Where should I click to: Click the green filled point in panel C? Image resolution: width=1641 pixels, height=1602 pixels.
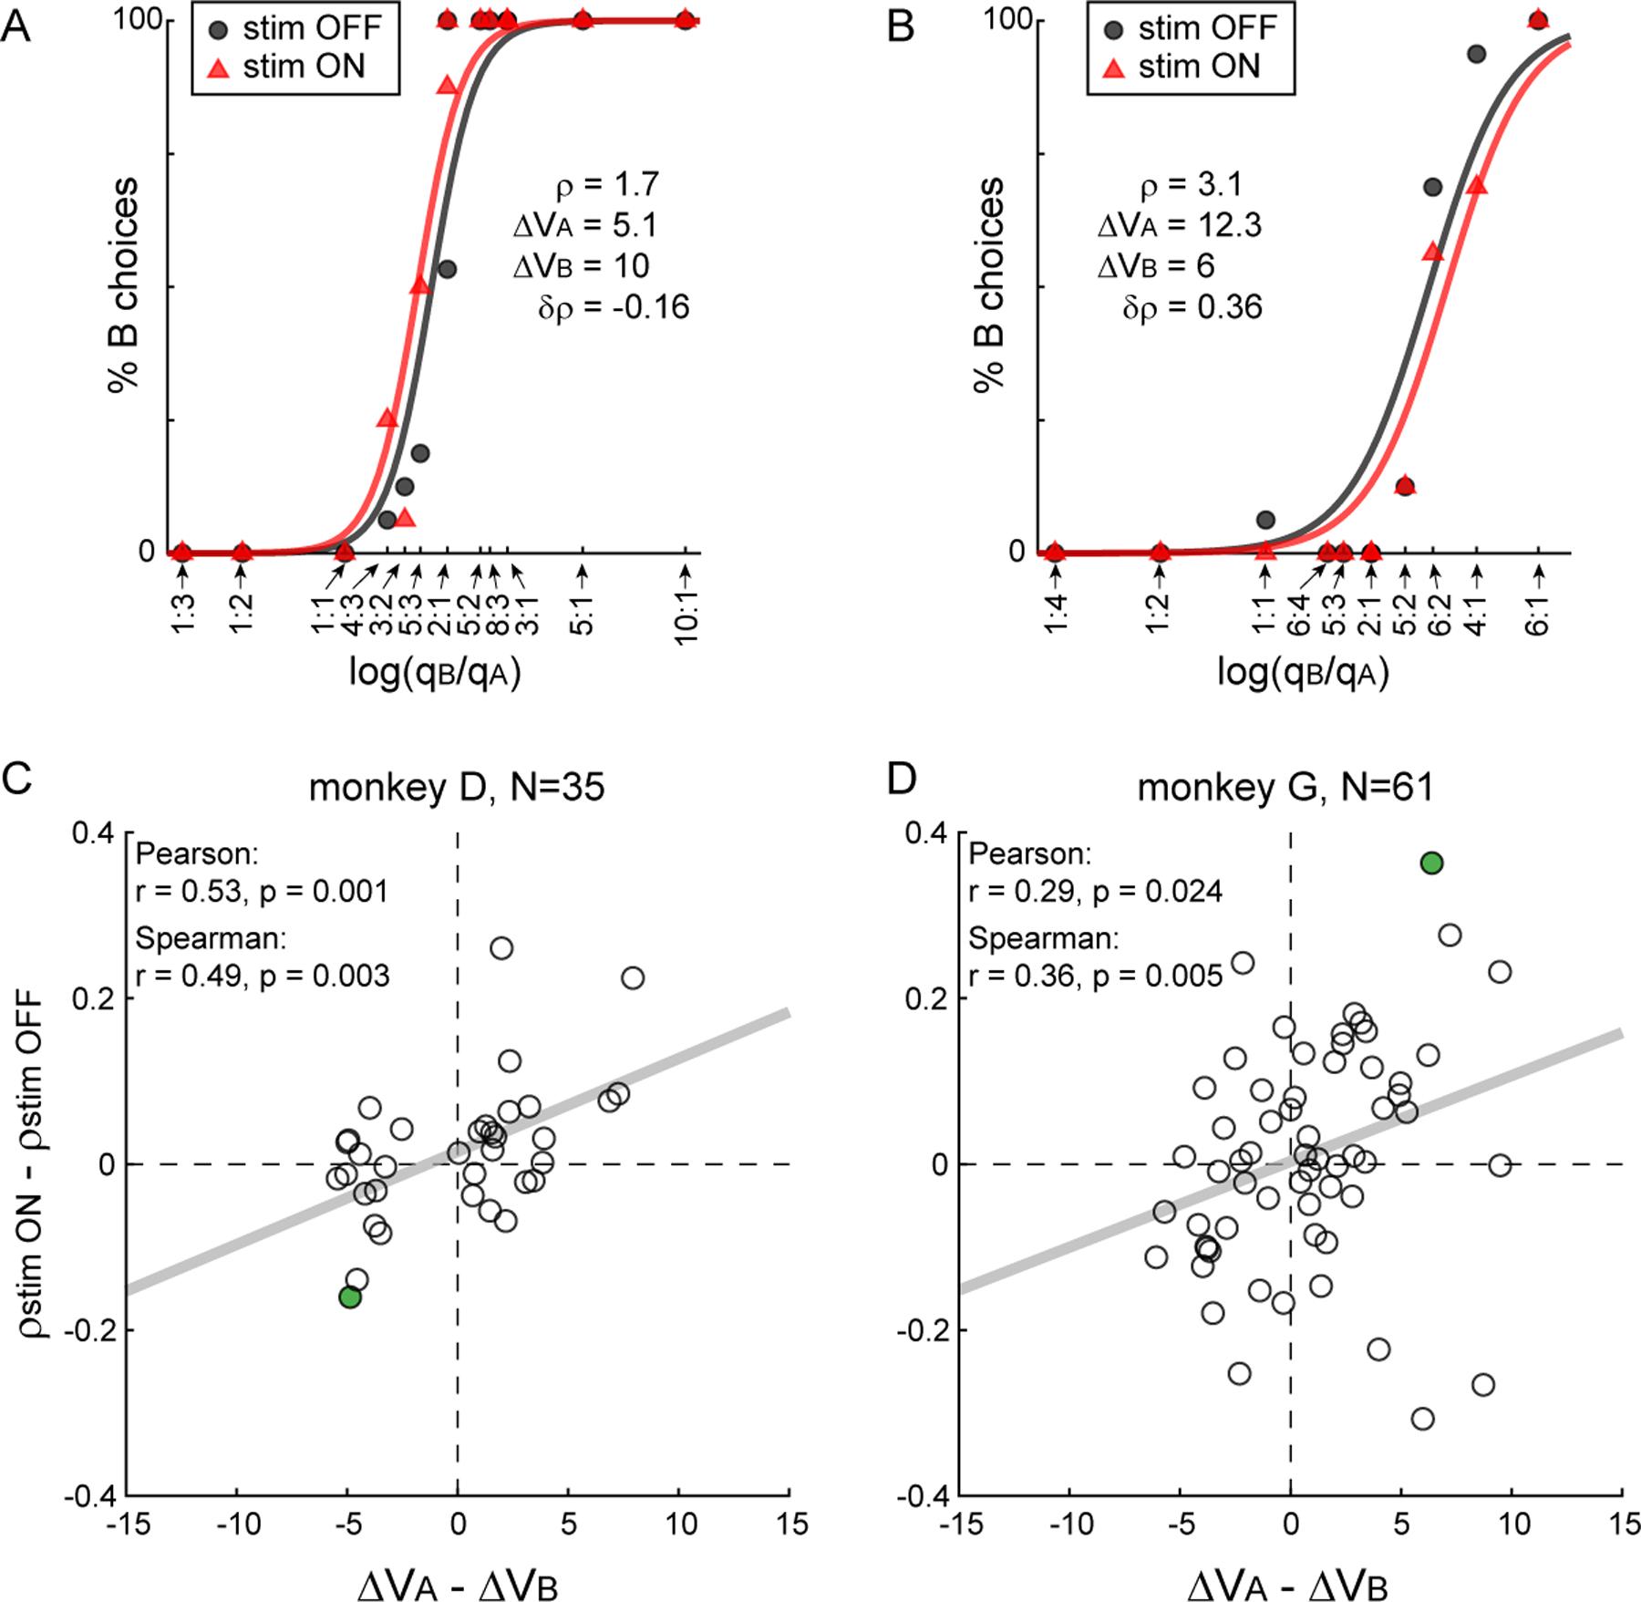click(x=350, y=1297)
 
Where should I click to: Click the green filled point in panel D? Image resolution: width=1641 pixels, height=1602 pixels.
click(x=1431, y=863)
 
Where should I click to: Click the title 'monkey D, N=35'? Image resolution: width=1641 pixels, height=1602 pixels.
click(x=457, y=787)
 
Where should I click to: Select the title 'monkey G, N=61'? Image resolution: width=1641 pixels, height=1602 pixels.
click(x=1285, y=787)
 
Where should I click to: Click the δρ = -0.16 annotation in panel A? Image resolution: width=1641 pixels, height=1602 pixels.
click(x=614, y=307)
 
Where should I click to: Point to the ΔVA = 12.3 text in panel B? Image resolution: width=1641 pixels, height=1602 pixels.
click(x=1180, y=224)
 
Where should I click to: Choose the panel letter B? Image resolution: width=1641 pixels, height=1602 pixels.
click(x=900, y=27)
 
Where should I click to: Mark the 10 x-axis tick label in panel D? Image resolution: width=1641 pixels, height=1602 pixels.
click(x=1512, y=1524)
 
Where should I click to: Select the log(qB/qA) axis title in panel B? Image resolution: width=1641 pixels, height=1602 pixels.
click(x=1303, y=672)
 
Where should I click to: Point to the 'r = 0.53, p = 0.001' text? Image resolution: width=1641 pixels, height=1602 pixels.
click(x=262, y=891)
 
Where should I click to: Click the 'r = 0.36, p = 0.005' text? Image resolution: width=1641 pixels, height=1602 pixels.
click(x=1095, y=977)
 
